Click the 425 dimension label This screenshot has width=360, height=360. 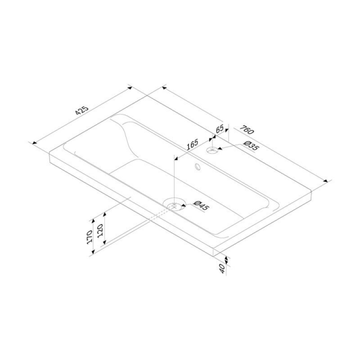(82, 110)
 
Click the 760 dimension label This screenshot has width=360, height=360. (247, 130)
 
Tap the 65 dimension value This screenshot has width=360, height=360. (220, 128)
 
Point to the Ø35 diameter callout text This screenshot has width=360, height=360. (251, 146)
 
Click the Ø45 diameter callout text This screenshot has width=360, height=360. (201, 205)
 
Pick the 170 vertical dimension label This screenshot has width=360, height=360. (89, 237)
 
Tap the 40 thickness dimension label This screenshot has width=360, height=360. (222, 268)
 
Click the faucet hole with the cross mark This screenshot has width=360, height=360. (212, 150)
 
